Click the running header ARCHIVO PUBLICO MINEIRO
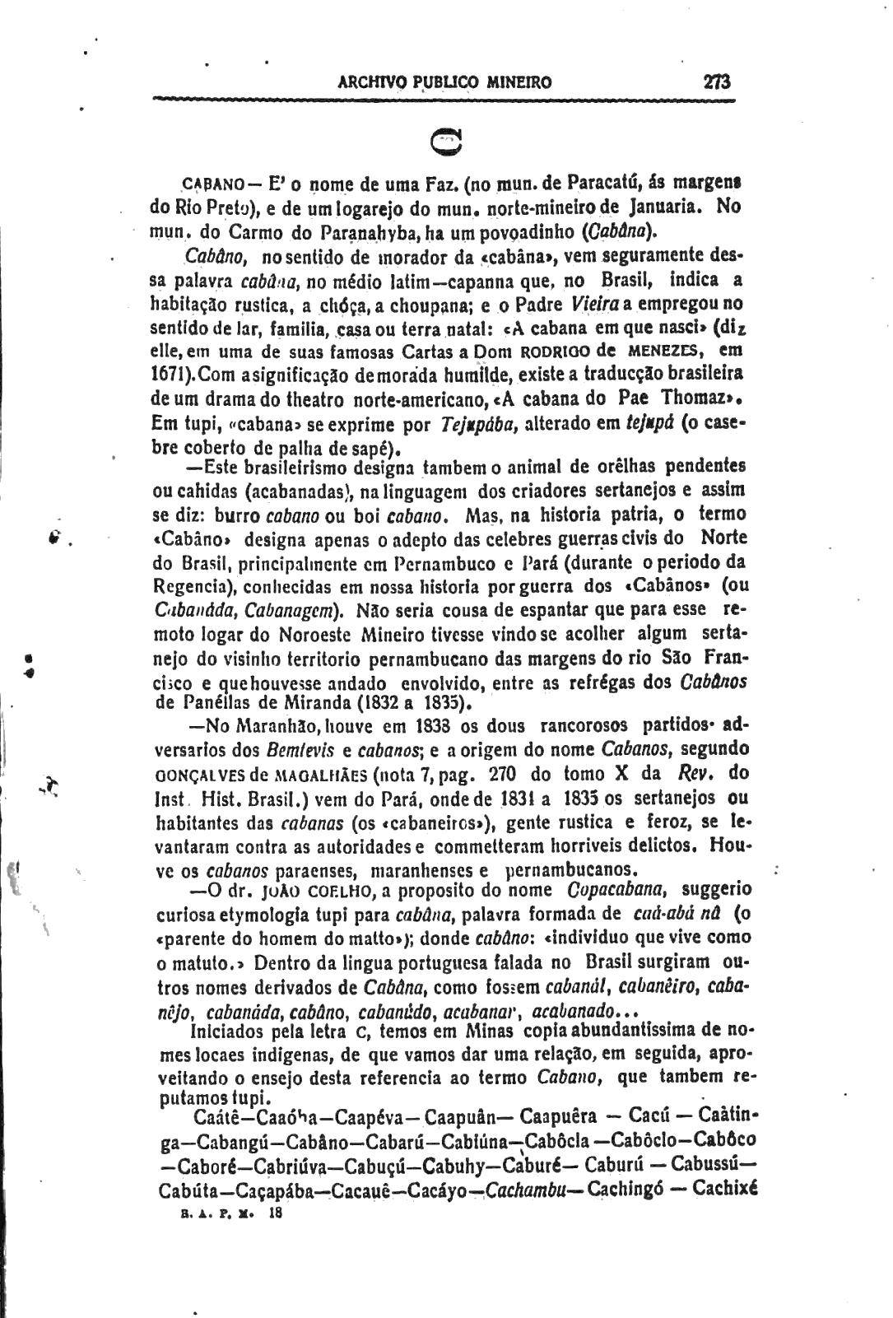[x=444, y=83]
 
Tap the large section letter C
[x=447, y=142]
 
